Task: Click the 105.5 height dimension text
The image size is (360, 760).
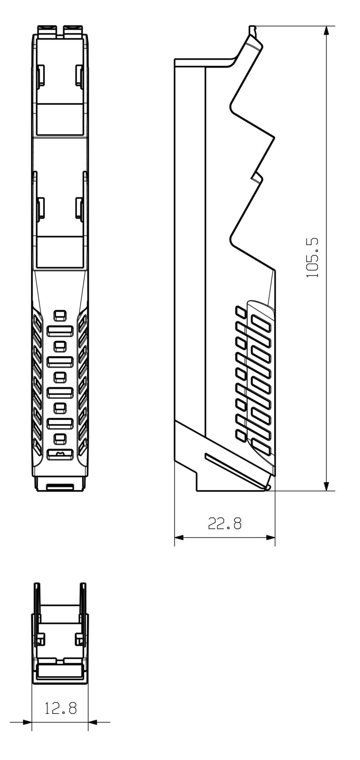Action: coord(312,257)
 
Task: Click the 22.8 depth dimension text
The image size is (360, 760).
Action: coord(225,523)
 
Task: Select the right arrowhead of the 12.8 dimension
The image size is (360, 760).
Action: coord(93,722)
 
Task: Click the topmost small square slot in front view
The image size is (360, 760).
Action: coord(60,314)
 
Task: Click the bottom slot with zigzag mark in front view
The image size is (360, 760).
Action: coord(60,455)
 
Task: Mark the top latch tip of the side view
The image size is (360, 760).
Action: coord(252,28)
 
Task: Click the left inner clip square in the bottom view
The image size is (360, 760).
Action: coord(40,638)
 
